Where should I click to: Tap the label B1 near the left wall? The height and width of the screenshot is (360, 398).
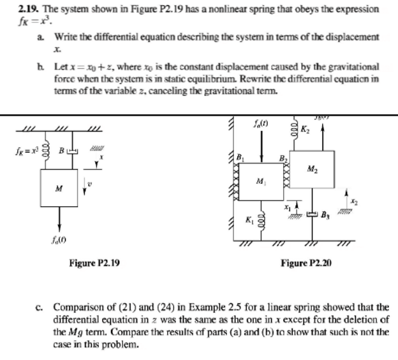point(240,153)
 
